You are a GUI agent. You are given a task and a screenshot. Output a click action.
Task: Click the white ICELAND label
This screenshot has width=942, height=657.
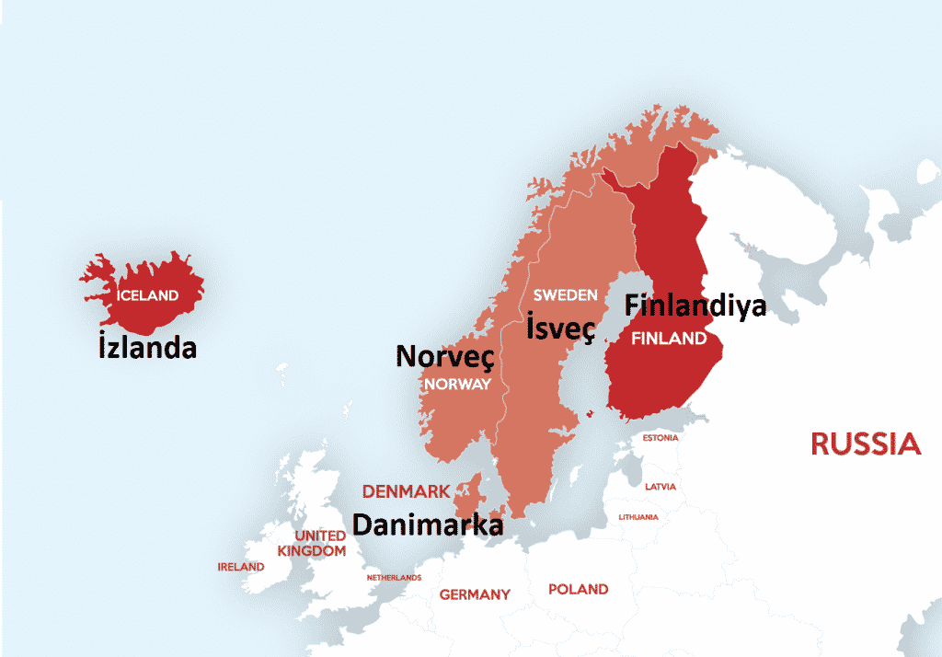click(147, 295)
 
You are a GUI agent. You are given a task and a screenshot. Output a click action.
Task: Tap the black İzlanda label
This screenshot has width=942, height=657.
click(147, 349)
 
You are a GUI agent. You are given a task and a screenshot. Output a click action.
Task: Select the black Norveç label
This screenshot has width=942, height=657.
click(445, 356)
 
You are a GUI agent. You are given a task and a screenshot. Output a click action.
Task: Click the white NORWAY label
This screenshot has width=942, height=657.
click(457, 384)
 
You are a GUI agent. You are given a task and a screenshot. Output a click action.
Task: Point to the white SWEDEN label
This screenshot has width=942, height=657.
click(565, 295)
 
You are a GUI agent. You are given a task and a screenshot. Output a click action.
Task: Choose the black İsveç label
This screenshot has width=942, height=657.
click(560, 327)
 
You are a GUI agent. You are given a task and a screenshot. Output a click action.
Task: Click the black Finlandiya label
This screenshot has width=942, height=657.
click(695, 305)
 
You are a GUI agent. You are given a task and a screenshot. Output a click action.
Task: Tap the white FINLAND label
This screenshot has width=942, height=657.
click(669, 339)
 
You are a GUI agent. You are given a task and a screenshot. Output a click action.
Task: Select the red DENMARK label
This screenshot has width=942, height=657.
click(406, 491)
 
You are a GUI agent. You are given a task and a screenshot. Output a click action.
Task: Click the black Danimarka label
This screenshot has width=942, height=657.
click(428, 524)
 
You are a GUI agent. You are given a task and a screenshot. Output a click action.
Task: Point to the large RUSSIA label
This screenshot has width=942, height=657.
click(865, 444)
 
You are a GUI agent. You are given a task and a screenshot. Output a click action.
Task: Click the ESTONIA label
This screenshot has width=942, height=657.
click(661, 438)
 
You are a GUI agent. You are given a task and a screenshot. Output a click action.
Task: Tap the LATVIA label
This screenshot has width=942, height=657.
click(660, 486)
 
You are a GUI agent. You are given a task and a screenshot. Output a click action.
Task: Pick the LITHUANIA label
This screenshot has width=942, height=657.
click(638, 517)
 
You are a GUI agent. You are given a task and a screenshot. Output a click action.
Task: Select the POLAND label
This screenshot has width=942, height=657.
click(578, 589)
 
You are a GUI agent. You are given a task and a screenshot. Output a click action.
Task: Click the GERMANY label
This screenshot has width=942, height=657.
click(474, 594)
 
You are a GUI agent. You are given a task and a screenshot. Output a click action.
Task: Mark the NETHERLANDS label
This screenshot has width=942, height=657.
click(394, 577)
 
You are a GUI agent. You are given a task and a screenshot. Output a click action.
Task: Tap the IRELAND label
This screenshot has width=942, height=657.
click(240, 567)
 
